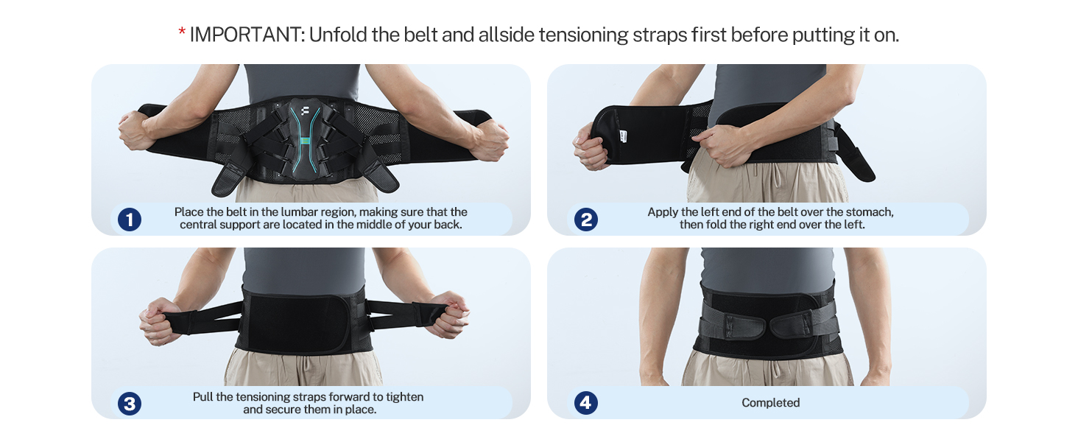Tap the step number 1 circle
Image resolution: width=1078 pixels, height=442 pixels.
pyautogui.click(x=130, y=219)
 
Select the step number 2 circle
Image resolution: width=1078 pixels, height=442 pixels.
pyautogui.click(x=586, y=219)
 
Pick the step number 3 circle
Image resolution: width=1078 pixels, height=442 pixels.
pyautogui.click(x=130, y=403)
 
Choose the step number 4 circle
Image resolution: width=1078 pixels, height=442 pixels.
pyautogui.click(x=586, y=403)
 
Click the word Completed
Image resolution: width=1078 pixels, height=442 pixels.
pyautogui.click(x=770, y=403)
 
